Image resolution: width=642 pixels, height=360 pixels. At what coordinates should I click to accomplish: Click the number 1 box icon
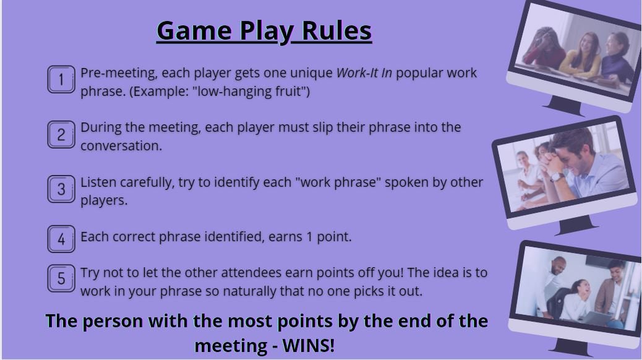(x=61, y=80)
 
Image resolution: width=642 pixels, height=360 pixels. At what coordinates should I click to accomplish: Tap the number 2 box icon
(x=61, y=135)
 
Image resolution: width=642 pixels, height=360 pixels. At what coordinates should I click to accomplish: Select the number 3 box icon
(x=61, y=189)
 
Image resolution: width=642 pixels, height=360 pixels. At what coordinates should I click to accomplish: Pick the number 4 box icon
(x=61, y=239)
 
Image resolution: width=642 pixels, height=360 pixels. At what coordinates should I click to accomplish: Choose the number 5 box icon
(x=61, y=278)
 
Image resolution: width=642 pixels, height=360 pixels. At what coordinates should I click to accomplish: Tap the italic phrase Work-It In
(x=364, y=73)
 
